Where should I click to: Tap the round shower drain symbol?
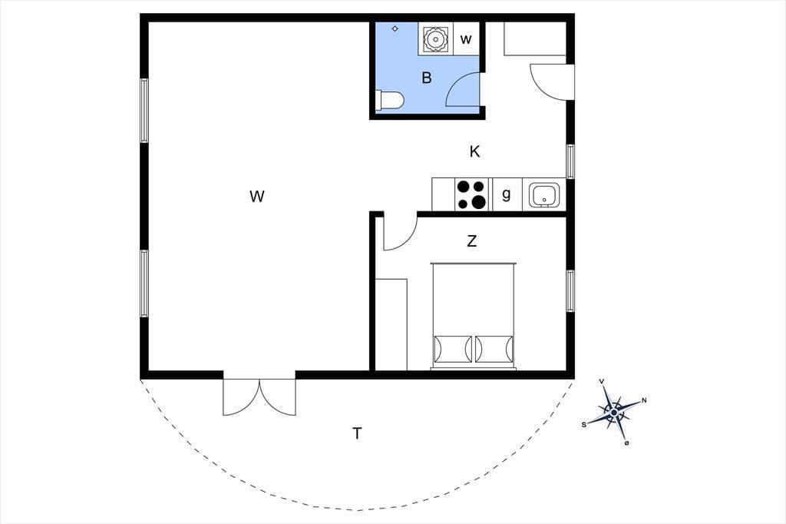pyautogui.click(x=434, y=38)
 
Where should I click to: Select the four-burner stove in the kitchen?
pyautogui.click(x=471, y=194)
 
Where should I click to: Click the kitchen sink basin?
pyautogui.click(x=544, y=195)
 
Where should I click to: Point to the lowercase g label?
pyautogui.click(x=507, y=194)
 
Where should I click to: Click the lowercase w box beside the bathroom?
pyautogui.click(x=466, y=38)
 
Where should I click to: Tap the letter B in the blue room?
pyautogui.click(x=427, y=78)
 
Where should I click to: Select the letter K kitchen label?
pyautogui.click(x=474, y=151)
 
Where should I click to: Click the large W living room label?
pyautogui.click(x=256, y=196)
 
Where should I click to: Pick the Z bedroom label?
pyautogui.click(x=472, y=241)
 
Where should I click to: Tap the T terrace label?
pyautogui.click(x=357, y=433)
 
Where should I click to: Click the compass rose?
pyautogui.click(x=614, y=412)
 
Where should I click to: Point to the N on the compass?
pyautogui.click(x=644, y=400)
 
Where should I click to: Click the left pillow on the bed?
pyautogui.click(x=453, y=349)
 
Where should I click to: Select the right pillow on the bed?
pyautogui.click(x=494, y=349)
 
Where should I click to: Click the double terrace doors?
pyautogui.click(x=259, y=397)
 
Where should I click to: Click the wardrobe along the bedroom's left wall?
pyautogui.click(x=391, y=324)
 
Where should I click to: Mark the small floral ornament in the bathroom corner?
pyautogui.click(x=395, y=28)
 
